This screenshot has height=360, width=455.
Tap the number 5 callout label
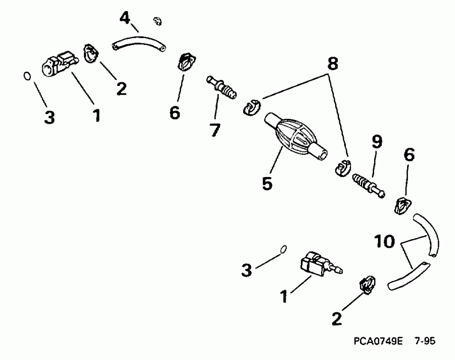(267, 183)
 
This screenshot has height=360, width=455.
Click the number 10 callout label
(386, 242)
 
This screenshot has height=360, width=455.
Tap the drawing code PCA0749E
(378, 341)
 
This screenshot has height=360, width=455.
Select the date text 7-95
(424, 341)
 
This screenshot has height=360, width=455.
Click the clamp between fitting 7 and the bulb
(251, 108)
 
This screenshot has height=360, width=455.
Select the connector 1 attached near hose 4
(58, 64)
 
